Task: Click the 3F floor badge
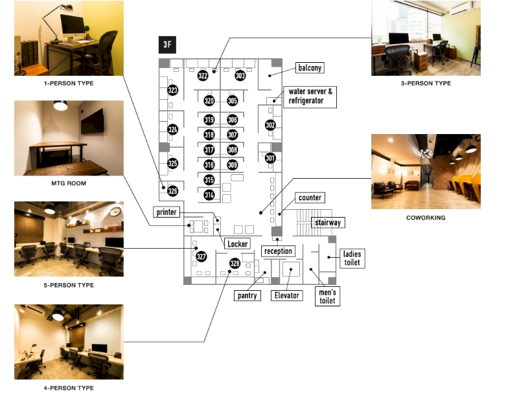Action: point(167,46)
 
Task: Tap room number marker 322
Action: point(203,76)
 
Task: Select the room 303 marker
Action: point(240,76)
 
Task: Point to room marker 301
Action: point(270,157)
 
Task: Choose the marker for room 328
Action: point(235,263)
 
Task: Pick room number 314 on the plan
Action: point(209,194)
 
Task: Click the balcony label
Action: point(309,67)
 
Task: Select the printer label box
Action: point(166,212)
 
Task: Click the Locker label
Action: point(238,244)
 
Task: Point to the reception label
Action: point(278,251)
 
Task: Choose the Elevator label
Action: point(286,295)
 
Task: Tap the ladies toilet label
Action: point(352,258)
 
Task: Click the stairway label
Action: point(327,222)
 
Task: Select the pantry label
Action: point(247,295)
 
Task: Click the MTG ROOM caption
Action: point(69,183)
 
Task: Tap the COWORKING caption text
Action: point(426,218)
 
